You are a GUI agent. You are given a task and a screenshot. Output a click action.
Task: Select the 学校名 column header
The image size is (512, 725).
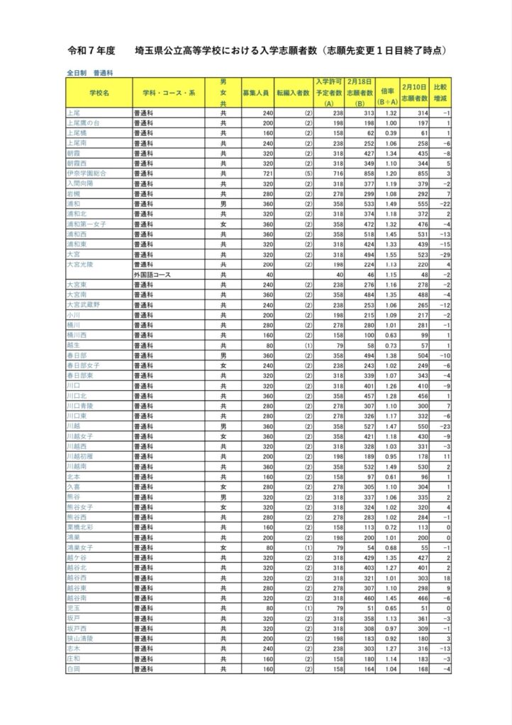[99, 93]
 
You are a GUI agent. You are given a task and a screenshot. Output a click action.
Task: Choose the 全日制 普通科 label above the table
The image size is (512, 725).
[90, 72]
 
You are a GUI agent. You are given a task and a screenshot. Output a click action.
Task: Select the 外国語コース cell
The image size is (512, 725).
[154, 273]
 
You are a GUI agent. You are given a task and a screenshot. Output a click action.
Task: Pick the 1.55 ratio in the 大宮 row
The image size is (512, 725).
[389, 253]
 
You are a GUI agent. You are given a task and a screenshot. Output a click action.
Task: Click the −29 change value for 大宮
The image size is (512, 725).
[444, 253]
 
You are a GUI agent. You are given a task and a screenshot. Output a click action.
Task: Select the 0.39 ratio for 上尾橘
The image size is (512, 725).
[389, 132]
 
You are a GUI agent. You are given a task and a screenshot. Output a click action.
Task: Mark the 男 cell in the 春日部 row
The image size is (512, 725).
[223, 354]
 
